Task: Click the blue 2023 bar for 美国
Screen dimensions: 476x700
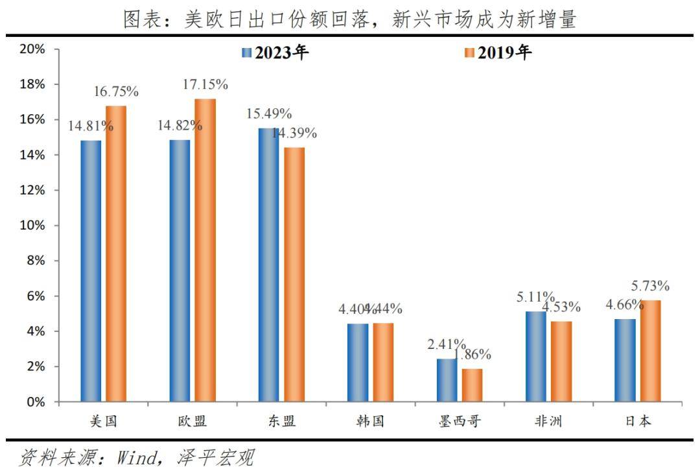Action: [x=91, y=271]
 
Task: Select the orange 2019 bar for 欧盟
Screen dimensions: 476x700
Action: [x=205, y=250]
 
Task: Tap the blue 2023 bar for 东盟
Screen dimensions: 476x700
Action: [x=268, y=265]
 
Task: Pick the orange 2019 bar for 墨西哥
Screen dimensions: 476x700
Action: [x=472, y=385]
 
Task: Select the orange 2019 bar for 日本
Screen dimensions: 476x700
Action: [x=650, y=351]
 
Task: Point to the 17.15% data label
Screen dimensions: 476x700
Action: [x=205, y=85]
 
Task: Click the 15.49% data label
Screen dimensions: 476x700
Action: [x=269, y=113]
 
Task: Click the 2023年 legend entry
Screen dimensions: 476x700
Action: [x=275, y=53]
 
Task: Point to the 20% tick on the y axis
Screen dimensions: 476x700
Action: [x=32, y=49]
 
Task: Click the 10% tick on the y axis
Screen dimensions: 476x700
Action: [x=32, y=226]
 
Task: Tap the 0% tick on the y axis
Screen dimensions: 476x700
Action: [x=36, y=402]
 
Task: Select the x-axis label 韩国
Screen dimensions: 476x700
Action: [x=370, y=422]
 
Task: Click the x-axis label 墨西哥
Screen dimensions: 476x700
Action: [x=460, y=422]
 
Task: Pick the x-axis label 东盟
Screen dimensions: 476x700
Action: [x=281, y=422]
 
